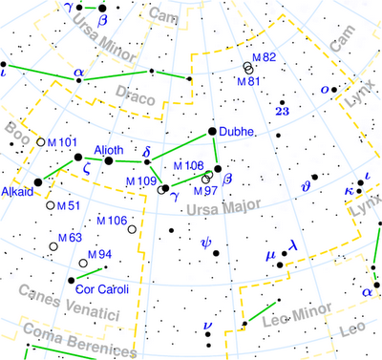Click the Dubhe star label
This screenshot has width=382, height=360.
pos(236,133)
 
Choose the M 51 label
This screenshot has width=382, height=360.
pos(69,204)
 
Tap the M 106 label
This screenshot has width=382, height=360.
pos(111,221)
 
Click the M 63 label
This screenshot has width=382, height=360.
pos(70,238)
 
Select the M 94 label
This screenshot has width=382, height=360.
pos(100,254)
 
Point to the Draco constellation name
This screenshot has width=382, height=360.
pos(134,91)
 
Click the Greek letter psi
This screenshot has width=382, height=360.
pos(205,243)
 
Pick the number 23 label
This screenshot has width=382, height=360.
pos(282,112)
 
